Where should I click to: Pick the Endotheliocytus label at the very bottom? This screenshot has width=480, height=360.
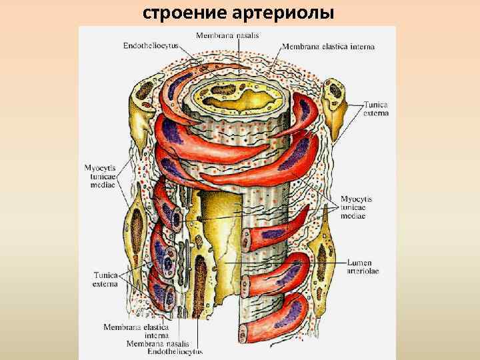(x=175, y=351)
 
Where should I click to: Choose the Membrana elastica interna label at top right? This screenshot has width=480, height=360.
(x=328, y=47)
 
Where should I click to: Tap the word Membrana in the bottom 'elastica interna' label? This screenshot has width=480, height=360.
(x=121, y=327)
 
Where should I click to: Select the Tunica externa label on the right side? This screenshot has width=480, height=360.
(x=376, y=109)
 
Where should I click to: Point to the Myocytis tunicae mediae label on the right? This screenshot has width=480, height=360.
(x=356, y=207)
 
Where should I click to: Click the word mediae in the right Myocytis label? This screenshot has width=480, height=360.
(x=353, y=216)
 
